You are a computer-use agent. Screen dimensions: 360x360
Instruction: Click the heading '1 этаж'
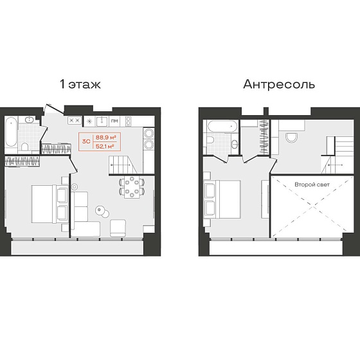point(80,84)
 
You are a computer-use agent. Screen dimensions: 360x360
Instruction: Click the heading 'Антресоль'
point(279,84)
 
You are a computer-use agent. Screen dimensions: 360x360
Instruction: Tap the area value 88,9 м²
point(105,138)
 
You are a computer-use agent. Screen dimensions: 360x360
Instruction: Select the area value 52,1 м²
point(105,146)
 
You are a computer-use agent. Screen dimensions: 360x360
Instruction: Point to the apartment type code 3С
point(86,141)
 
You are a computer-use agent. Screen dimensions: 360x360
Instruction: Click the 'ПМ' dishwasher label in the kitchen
point(114,121)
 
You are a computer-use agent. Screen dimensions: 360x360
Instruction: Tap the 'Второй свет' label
point(312,184)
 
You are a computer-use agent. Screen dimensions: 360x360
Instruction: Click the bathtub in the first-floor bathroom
point(11,132)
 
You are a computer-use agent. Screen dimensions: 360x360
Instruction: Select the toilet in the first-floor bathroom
point(25,147)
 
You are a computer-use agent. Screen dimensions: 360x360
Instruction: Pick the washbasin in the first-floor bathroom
point(30,120)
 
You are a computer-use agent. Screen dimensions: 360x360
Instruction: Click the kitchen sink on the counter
point(102,122)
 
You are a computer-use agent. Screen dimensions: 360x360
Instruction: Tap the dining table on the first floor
point(132,187)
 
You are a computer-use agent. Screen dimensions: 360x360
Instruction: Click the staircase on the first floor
point(123,165)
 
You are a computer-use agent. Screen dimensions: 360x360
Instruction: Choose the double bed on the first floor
point(50,204)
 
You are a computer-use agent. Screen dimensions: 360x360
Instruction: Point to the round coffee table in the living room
point(102,212)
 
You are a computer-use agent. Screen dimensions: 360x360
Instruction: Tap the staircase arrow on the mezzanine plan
point(336,165)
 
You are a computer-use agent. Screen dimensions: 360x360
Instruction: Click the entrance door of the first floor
point(55,109)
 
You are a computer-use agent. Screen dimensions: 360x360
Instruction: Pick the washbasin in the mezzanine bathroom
point(235,144)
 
